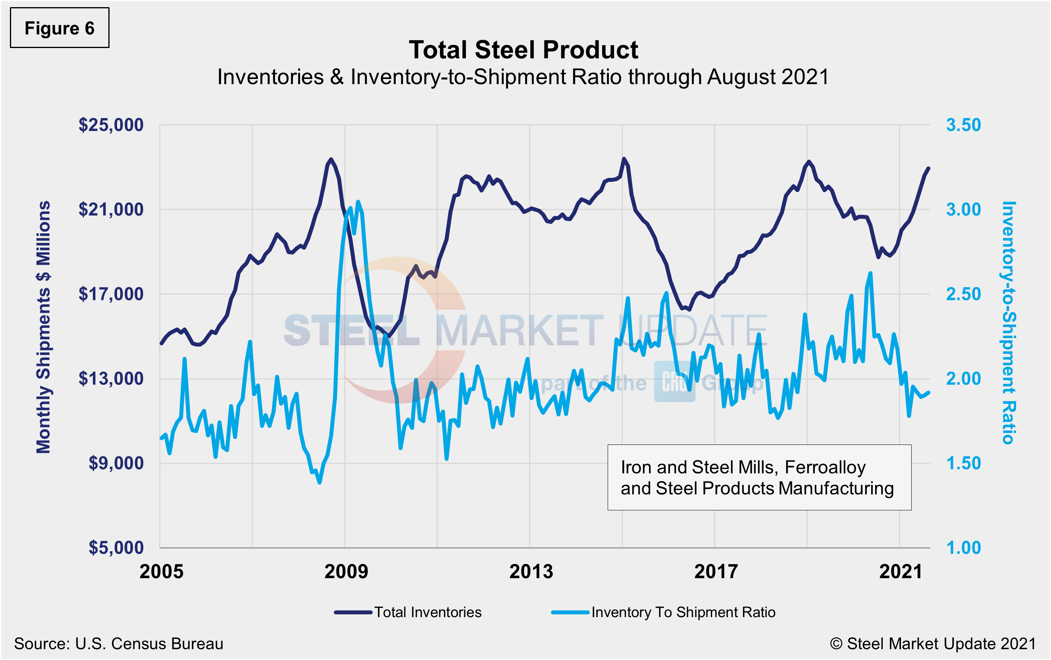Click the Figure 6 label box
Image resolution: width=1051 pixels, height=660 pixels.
[60, 28]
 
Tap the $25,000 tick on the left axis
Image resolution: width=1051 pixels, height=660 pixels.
[111, 125]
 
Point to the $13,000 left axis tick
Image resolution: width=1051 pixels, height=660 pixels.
[111, 379]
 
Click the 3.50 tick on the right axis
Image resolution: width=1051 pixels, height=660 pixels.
[963, 125]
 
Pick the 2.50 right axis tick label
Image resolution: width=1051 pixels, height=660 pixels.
[963, 294]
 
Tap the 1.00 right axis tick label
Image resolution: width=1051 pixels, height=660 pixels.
[963, 547]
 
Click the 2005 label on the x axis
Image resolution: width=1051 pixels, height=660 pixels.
[162, 571]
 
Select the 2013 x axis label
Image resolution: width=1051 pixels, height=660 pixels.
[531, 571]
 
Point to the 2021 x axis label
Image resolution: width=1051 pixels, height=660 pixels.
[901, 571]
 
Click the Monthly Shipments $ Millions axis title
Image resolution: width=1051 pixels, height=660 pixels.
[43, 327]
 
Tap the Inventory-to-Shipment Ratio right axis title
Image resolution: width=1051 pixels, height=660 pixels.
[1008, 323]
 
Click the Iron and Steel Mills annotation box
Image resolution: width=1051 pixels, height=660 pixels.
[759, 477]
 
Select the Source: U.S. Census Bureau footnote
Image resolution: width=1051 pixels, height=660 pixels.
[119, 644]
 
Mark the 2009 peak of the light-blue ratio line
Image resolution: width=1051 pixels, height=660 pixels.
[358, 202]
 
